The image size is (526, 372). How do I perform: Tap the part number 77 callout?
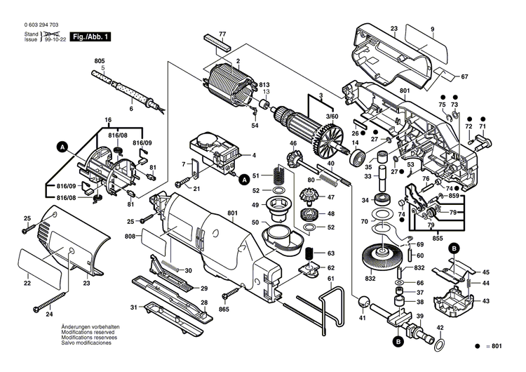click(x=222, y=34)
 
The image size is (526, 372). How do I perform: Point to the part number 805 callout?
click(x=100, y=62)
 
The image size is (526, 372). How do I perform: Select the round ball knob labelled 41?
click(x=363, y=303)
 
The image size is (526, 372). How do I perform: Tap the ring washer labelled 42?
click(x=439, y=345)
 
